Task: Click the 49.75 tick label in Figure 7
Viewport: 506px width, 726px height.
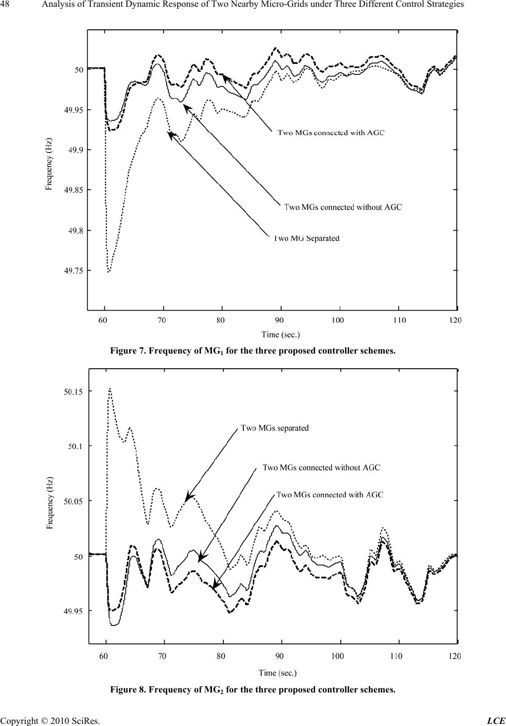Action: pyautogui.click(x=73, y=271)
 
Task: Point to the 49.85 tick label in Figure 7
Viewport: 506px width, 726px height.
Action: pyautogui.click(x=73, y=190)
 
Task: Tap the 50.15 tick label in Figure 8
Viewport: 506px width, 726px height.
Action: pyautogui.click(x=74, y=391)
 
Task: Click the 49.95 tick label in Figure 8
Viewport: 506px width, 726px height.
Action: pyautogui.click(x=74, y=611)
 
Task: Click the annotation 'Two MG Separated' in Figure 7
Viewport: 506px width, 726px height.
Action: pyautogui.click(x=307, y=239)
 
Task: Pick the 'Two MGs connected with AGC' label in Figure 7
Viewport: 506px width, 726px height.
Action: pyautogui.click(x=331, y=133)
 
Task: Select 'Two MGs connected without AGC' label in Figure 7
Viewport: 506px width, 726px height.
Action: pyautogui.click(x=343, y=207)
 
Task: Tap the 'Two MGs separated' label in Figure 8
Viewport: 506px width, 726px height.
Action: pyautogui.click(x=275, y=428)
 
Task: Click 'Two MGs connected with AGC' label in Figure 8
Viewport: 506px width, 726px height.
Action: pyautogui.click(x=329, y=494)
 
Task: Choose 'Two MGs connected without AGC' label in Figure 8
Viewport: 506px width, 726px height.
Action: pyautogui.click(x=321, y=468)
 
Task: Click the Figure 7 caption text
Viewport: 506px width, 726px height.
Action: pyautogui.click(x=252, y=351)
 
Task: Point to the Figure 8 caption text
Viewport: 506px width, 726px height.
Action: pyautogui.click(x=252, y=689)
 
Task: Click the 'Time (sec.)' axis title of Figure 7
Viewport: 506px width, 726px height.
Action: pyautogui.click(x=281, y=334)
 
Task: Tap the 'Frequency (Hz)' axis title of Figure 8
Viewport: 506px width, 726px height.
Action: pyautogui.click(x=50, y=503)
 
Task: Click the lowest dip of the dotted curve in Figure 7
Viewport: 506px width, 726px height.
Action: pyautogui.click(x=109, y=272)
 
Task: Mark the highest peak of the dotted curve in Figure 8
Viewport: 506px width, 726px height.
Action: pyautogui.click(x=110, y=389)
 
